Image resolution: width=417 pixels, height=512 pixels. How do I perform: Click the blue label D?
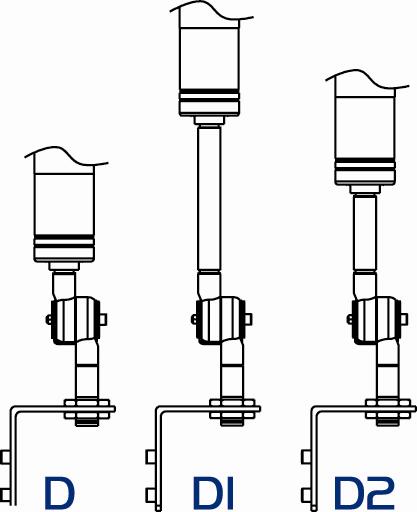point(59,492)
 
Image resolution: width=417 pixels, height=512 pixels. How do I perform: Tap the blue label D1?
point(213,492)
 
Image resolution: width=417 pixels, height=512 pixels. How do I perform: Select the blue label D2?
point(364,492)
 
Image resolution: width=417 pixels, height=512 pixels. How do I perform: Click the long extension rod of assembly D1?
point(209,198)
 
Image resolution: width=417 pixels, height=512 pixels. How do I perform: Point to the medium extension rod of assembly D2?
point(365,233)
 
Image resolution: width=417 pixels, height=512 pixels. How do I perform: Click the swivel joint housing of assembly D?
point(75,321)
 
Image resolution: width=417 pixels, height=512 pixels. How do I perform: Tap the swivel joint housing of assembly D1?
point(221,321)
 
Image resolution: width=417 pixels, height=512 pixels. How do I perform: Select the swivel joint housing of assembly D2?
point(376,321)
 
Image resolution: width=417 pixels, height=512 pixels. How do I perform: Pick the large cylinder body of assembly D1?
point(209,67)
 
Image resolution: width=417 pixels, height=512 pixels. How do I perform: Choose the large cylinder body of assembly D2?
point(365,137)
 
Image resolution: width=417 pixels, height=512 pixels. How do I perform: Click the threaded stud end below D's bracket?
point(87,422)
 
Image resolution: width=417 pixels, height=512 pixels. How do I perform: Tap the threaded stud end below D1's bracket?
point(232,422)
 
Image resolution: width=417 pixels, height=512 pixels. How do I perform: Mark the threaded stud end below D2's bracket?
point(388,422)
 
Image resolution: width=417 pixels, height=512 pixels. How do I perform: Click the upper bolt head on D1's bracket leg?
point(150,457)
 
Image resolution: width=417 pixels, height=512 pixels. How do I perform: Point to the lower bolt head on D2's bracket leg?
point(306,495)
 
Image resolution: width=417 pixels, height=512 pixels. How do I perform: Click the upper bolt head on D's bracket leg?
point(5,457)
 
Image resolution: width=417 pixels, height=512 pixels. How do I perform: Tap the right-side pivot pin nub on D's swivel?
point(103,319)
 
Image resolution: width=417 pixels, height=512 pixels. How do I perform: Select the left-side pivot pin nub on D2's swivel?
point(350,319)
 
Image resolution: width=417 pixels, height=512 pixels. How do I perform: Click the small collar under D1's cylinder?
point(209,120)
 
